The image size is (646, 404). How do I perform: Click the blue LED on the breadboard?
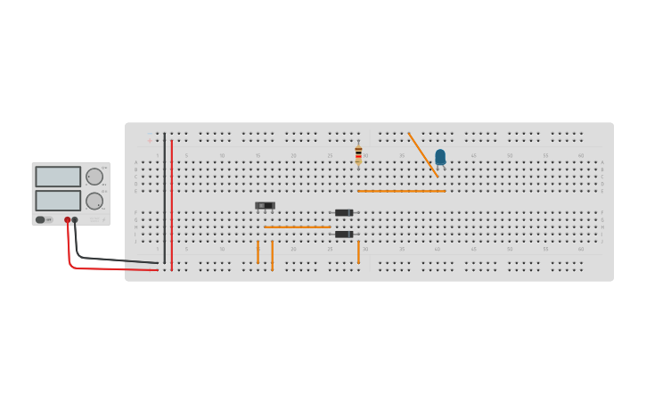[440, 157]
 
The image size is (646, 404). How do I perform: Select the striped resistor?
[358, 155]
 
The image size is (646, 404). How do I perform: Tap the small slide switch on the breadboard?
[265, 205]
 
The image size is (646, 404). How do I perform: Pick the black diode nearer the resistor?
[344, 212]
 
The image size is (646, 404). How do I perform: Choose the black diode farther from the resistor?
[344, 235]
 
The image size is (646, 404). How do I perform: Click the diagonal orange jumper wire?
[422, 153]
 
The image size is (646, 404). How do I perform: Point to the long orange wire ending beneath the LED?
[401, 191]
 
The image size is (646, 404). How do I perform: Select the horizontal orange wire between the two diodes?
[297, 227]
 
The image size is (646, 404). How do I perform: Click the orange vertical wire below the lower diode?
[358, 251]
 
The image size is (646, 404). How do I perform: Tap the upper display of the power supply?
[58, 177]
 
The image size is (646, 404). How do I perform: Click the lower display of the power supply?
[58, 201]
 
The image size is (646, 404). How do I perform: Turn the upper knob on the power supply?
[94, 177]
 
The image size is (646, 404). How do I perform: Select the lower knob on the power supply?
[94, 201]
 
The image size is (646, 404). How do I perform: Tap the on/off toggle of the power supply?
[41, 219]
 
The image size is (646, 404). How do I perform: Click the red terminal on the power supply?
[67, 219]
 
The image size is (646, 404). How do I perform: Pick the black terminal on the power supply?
[75, 219]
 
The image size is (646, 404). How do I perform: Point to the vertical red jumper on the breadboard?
[172, 205]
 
